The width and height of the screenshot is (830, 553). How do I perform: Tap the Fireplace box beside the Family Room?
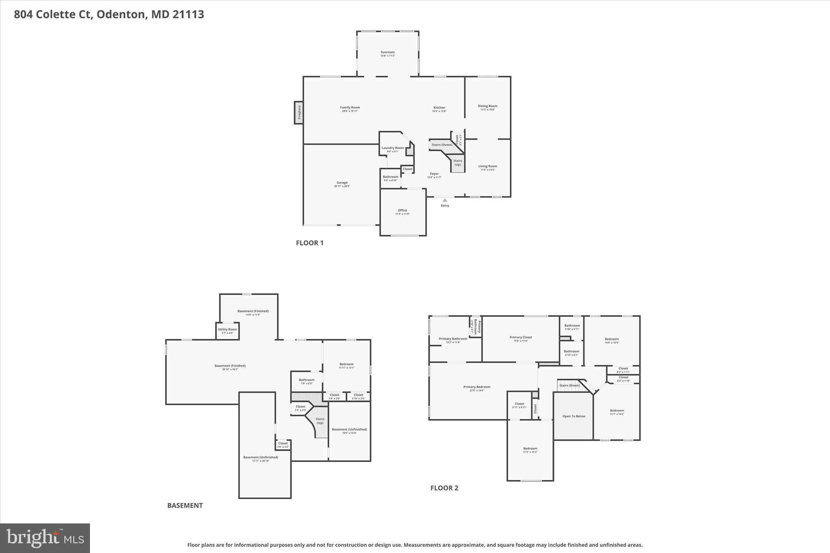299,113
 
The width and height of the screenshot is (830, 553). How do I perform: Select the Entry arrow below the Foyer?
445,200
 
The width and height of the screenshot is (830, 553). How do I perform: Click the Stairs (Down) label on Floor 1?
442,145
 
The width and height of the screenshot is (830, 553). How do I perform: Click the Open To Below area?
573,416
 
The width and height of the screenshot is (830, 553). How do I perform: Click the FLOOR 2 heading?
444,488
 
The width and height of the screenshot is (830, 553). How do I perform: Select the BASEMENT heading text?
185,505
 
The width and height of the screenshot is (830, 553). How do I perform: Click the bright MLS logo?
45,538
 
